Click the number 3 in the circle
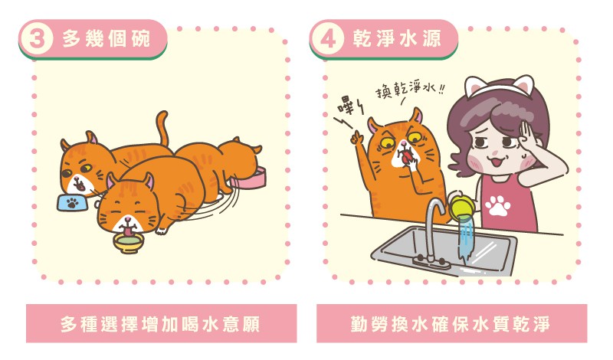pos(36,39)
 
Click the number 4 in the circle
pos(328,39)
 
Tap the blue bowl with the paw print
pos(72,203)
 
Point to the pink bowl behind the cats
pos(252,178)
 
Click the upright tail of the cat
pos(162,127)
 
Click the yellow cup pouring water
pos(461,207)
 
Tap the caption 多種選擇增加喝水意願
pos(161,325)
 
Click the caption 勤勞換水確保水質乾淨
pos(451,325)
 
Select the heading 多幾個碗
pos(106,39)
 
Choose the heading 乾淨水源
pos(397,39)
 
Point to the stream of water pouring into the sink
pos(467,237)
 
